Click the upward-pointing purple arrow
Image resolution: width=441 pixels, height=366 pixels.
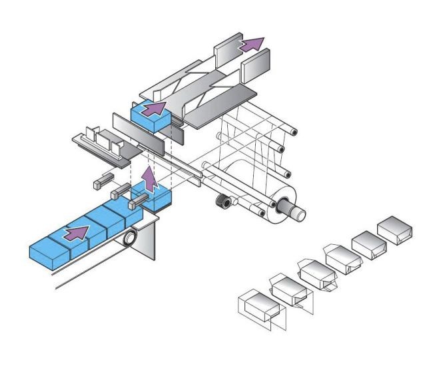[151, 179]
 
